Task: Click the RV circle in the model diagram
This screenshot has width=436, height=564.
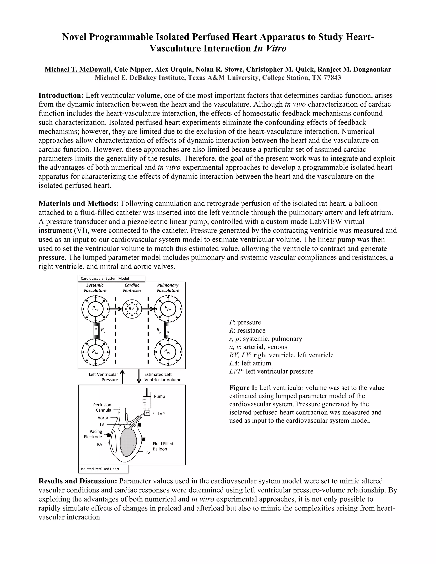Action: [x=132, y=309]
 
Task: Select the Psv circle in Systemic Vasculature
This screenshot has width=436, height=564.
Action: [x=96, y=309]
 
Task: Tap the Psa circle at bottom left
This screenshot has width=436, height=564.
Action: [x=96, y=352]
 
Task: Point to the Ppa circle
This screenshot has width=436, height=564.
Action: [x=168, y=309]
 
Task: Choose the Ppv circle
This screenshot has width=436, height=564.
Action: [x=168, y=352]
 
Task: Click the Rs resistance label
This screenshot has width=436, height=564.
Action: [x=103, y=330]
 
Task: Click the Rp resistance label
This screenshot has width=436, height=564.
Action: [x=159, y=330]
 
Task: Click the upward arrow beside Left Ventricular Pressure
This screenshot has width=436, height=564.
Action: [x=122, y=376]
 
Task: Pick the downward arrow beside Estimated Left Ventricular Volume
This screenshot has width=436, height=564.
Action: [x=139, y=376]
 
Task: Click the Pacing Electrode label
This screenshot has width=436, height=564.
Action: [x=93, y=434]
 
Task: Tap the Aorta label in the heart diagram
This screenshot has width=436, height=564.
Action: [x=103, y=418]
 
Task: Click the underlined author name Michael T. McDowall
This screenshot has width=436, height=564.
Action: [x=78, y=69]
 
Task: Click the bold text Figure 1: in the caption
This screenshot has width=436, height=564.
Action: [x=243, y=388]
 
